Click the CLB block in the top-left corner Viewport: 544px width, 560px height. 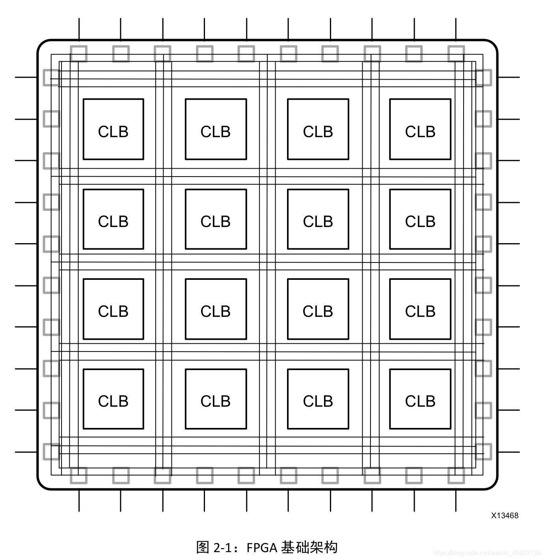(113, 129)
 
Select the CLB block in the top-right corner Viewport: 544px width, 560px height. (420, 129)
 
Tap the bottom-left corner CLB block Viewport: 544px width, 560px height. (113, 399)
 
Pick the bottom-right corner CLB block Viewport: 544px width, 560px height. (420, 399)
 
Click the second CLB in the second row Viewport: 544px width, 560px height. (216, 220)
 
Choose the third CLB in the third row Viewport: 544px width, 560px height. (318, 309)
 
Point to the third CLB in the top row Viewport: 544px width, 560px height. (318, 129)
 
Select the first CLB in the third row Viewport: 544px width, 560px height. (113, 309)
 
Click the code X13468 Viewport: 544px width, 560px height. (505, 515)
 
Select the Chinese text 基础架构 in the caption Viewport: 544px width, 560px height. (309, 547)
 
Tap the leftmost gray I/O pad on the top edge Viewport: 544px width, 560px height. (79, 54)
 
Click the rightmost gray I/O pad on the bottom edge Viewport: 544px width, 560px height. (456, 476)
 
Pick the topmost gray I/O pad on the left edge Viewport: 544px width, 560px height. (51, 77)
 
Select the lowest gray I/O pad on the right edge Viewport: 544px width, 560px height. (484, 452)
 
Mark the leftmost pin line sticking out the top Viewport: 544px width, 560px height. (79, 28)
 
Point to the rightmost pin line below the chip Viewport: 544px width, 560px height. (456, 500)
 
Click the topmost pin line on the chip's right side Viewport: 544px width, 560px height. (509, 77)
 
